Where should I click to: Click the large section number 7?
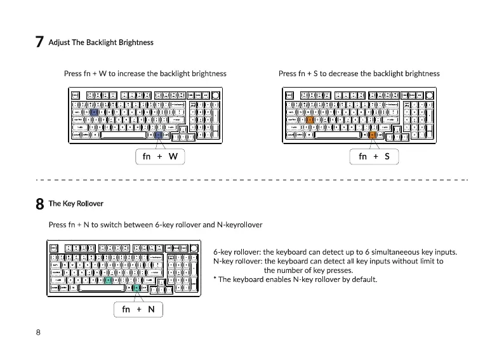pos(39,43)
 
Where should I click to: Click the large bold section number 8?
pos(39,204)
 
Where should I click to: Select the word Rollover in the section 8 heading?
pos(90,204)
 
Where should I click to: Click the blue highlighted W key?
pos(95,111)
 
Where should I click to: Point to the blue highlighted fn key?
pos(158,135)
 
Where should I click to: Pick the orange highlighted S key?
pos(310,119)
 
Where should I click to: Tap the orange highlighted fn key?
pos(372,135)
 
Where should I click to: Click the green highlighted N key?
pos(109,280)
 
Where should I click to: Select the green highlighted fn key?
pos(136,288)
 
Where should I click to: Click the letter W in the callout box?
pos(173,156)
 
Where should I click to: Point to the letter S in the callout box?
pos(387,156)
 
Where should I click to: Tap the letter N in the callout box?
pos(151,309)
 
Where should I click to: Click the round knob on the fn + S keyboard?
pos(430,95)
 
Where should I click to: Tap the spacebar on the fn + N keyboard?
pos(96,288)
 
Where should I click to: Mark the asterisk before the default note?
pos(215,279)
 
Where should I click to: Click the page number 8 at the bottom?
pos(39,332)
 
